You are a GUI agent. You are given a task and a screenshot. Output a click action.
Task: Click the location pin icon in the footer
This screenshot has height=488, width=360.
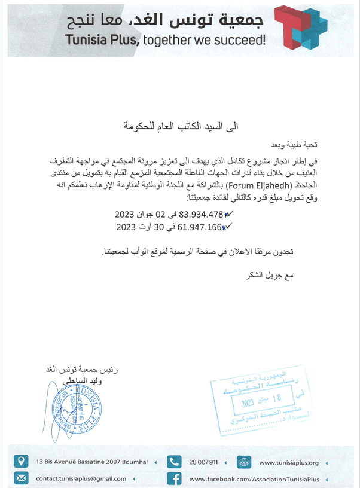click(22, 462)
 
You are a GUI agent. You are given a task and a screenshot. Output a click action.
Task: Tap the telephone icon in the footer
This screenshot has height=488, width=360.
click(174, 462)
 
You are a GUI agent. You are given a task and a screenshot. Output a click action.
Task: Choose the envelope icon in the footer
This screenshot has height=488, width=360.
click(22, 478)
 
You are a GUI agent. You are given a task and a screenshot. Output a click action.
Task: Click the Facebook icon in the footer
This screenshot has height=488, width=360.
click(174, 478)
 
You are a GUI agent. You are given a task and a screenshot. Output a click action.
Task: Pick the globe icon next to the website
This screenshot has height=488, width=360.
click(245, 462)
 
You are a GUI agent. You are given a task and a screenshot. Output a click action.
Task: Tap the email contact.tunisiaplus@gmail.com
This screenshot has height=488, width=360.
click(81, 479)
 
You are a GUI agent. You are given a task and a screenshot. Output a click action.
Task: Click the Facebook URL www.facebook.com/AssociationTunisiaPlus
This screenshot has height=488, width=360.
click(255, 479)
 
